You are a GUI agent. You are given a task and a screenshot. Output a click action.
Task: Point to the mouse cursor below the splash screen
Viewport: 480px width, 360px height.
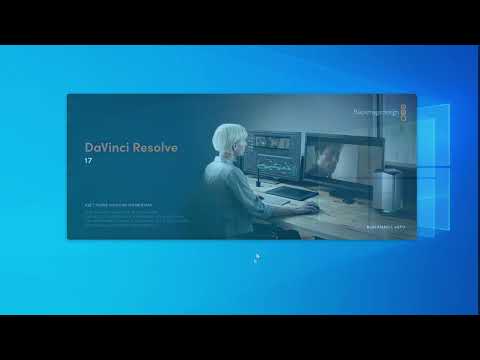click(x=256, y=257)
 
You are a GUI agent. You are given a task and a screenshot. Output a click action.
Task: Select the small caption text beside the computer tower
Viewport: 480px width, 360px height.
click(x=384, y=228)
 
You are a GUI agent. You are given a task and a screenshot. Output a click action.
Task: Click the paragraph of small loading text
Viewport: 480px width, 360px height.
click(x=120, y=219)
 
